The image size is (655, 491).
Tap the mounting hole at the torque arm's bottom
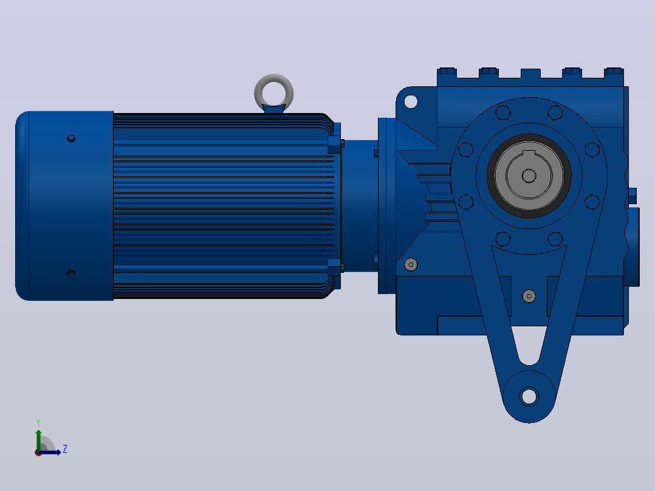[529, 396]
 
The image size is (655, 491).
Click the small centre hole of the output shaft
[529, 176]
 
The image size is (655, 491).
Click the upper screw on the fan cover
[71, 139]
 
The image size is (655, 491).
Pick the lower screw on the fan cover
[71, 273]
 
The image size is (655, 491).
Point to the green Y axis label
[38, 422]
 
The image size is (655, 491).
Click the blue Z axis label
[65, 449]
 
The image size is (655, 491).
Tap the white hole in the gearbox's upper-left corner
[411, 101]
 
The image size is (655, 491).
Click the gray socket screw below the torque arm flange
[529, 297]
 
